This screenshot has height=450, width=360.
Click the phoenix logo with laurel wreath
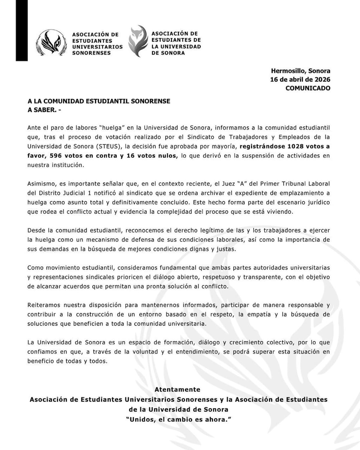tap(51, 43)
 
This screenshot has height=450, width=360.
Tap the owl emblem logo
tap(138, 41)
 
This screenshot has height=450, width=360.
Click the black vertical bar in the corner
tap(22, 30)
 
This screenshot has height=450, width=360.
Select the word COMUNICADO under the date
tap(308, 88)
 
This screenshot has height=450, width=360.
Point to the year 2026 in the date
tap(322, 79)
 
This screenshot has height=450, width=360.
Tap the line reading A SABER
tap(44, 110)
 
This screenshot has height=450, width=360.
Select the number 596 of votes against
tap(56, 156)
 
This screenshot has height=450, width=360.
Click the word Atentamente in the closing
tap(177, 389)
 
